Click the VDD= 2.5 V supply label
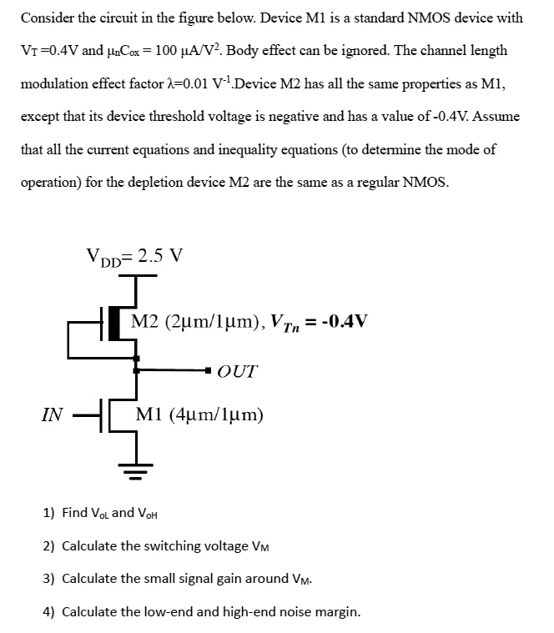(133, 256)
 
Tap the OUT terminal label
(237, 371)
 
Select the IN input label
(52, 414)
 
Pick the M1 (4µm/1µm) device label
(199, 414)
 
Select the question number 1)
(48, 512)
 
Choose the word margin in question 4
(335, 611)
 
